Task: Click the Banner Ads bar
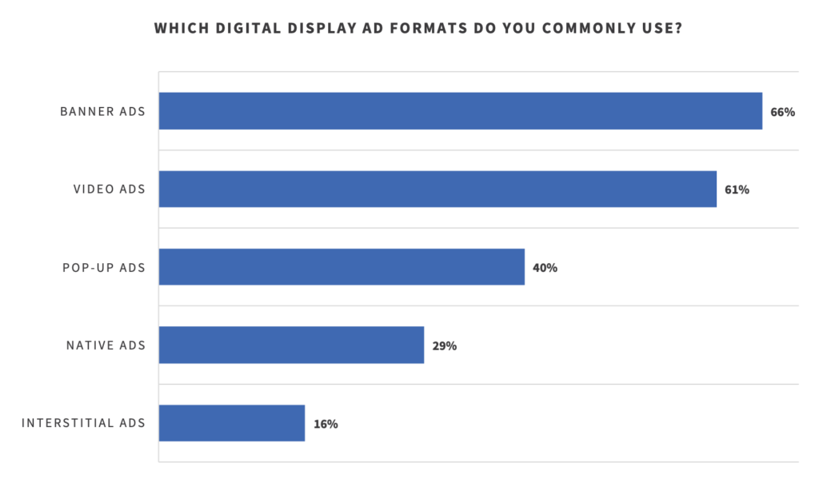[460, 111]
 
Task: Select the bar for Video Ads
[437, 190]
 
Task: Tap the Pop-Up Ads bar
[342, 267]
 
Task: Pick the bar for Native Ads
[291, 345]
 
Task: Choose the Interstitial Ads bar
[232, 423]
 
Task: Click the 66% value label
[782, 112]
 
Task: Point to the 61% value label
[737, 190]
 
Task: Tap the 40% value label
[545, 268]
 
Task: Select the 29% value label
[444, 346]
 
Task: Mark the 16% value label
[326, 424]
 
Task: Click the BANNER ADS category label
[103, 111]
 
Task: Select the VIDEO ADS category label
[110, 190]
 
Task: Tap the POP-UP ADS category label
[104, 267]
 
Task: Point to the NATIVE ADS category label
[106, 345]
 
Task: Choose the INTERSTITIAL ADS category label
[84, 423]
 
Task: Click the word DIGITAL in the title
[244, 29]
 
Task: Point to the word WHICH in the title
[180, 29]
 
